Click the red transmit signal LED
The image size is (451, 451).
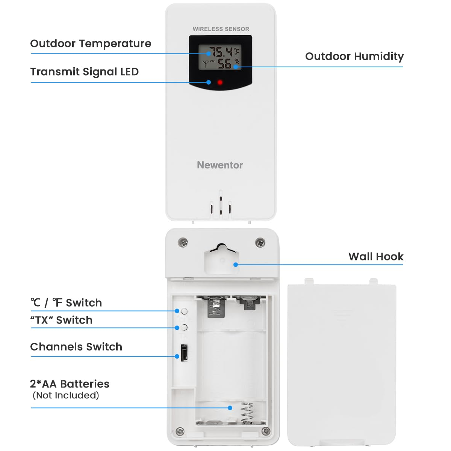(220, 82)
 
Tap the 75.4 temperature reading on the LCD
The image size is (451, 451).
(221, 52)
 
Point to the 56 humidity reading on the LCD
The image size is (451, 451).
(225, 64)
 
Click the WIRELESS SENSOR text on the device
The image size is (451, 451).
(221, 29)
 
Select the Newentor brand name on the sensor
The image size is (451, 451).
(220, 165)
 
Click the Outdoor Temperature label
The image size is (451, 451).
(91, 44)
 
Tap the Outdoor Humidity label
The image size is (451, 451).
(354, 56)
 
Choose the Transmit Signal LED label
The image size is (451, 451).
(85, 72)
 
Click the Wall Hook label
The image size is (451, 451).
(375, 257)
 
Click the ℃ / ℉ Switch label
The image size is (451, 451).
(66, 303)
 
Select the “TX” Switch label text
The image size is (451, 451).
(61, 320)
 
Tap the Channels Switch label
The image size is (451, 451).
(76, 347)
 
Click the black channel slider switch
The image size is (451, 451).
(184, 353)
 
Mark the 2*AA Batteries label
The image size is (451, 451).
(70, 384)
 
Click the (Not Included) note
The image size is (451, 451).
(66, 395)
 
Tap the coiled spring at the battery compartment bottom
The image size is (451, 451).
(247, 413)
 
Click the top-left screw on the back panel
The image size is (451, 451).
(183, 242)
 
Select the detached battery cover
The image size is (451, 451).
(341, 365)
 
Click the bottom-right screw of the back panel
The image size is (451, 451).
(266, 431)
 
